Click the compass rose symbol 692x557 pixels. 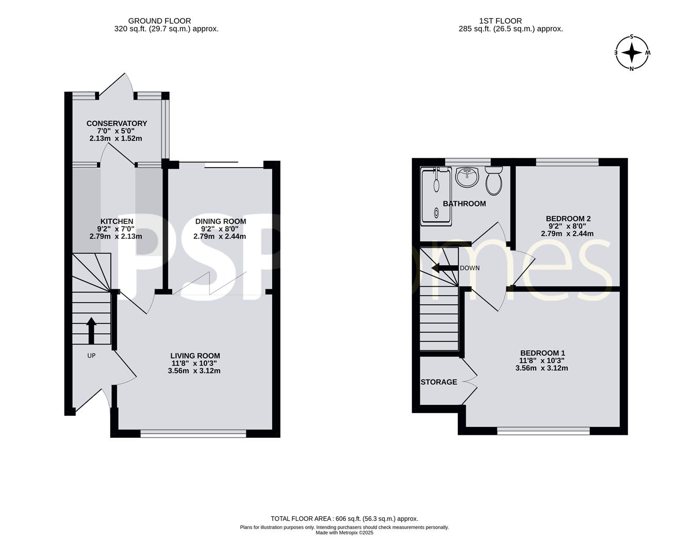[x=632, y=53]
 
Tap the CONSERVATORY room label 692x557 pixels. [x=117, y=123]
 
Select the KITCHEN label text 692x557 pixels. [x=117, y=221]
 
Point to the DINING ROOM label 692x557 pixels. [x=221, y=221]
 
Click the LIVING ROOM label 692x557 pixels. [x=195, y=356]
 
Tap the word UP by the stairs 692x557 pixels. [x=91, y=356]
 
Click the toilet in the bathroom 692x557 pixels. [x=494, y=181]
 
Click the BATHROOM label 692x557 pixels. [x=464, y=204]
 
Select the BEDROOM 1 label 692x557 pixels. [x=542, y=353]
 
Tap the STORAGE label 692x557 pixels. [x=439, y=382]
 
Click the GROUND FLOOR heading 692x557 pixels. [x=159, y=21]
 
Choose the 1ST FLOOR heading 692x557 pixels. [x=500, y=21]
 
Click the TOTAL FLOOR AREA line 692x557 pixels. [x=344, y=519]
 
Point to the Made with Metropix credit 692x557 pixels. [x=344, y=533]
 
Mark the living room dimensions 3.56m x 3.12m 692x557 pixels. [x=194, y=371]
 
